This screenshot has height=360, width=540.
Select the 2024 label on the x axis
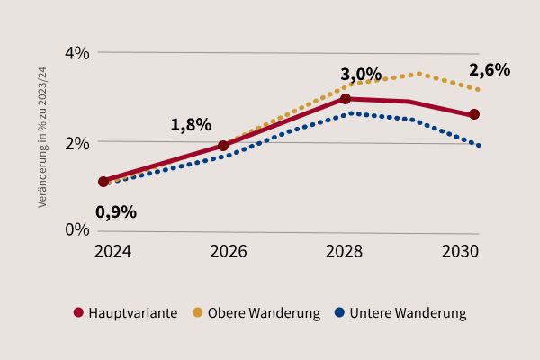click(112, 252)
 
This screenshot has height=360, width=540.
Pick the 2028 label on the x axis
click(346, 252)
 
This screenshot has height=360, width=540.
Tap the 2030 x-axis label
click(460, 252)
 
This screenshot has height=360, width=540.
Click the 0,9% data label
click(116, 212)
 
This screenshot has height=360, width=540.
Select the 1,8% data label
click(191, 125)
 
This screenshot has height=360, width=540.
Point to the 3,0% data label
click(361, 74)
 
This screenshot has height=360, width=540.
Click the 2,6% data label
click(490, 70)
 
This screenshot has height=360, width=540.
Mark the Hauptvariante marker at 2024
click(103, 182)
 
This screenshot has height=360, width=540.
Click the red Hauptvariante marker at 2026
click(223, 146)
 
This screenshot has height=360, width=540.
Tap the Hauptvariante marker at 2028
click(346, 99)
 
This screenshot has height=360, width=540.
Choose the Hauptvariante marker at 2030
click(474, 114)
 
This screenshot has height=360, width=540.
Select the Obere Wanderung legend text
click(264, 313)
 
